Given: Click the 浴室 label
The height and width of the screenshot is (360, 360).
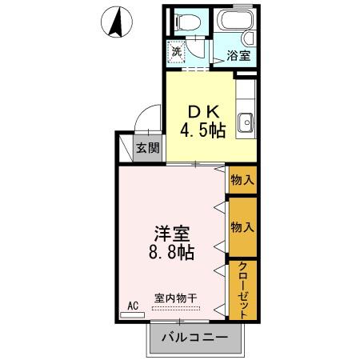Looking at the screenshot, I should (239, 56).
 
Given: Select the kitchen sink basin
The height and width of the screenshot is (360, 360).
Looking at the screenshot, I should (246, 122).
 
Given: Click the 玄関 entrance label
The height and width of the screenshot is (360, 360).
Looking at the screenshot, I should (147, 147).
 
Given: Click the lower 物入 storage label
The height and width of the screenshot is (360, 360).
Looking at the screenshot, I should (242, 227).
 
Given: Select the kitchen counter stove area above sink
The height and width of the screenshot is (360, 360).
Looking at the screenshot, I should (246, 96).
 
